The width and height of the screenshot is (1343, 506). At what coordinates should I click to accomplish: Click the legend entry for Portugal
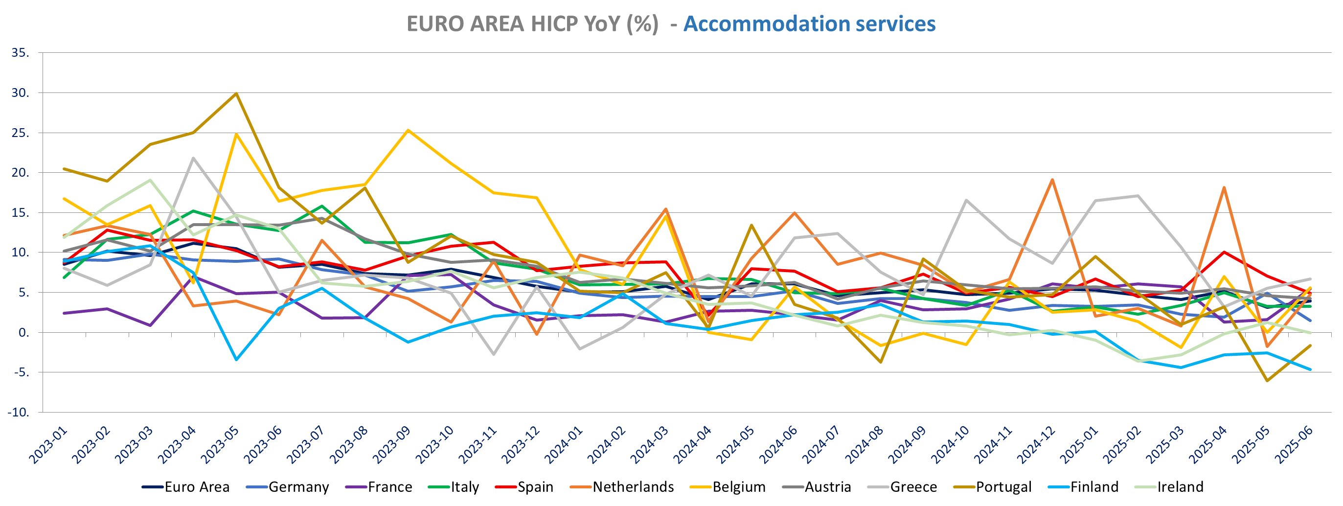coord(1003,487)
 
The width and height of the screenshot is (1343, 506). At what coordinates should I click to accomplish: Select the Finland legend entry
coord(1094,487)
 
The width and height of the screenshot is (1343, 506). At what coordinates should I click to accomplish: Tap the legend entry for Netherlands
coord(633,487)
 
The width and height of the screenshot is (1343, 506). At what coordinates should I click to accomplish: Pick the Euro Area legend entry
coord(197,487)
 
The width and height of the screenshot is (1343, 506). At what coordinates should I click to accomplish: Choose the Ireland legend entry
coord(1180,487)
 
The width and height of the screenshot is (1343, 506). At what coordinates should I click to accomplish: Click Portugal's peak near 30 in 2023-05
coord(236,93)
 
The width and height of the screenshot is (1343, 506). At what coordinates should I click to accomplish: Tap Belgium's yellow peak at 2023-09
coord(408,130)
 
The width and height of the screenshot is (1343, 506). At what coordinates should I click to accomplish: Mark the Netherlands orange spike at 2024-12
coord(1052,180)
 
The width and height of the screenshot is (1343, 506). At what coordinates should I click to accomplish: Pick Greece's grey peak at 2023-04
coord(193,158)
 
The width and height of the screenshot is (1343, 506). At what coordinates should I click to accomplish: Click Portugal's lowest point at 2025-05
coord(1267,381)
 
